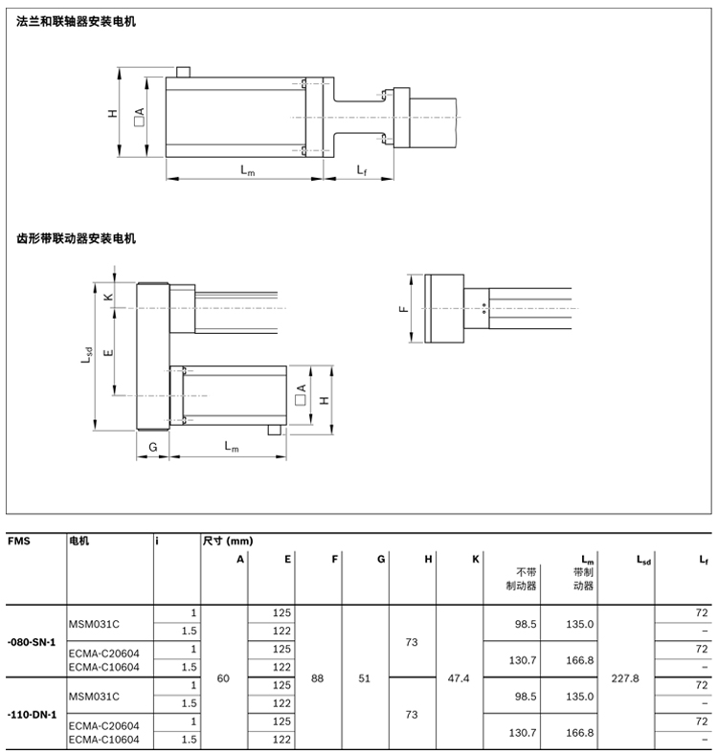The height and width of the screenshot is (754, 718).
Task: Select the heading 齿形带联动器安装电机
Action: pyautogui.click(x=77, y=238)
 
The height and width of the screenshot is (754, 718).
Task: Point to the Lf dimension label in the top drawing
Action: pyautogui.click(x=363, y=170)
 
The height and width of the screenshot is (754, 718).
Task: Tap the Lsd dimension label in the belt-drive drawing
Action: pyautogui.click(x=86, y=356)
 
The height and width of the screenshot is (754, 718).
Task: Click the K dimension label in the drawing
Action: pyautogui.click(x=108, y=297)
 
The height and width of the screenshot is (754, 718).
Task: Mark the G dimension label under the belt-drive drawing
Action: pyautogui.click(x=152, y=446)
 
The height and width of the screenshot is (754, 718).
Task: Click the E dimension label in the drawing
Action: pyautogui.click(x=108, y=352)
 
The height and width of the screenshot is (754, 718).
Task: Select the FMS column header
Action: pyautogui.click(x=19, y=541)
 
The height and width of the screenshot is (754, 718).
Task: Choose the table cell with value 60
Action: pyautogui.click(x=224, y=677)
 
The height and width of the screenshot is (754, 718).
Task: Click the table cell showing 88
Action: pyautogui.click(x=317, y=677)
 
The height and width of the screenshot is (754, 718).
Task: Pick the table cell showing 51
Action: pyautogui.click(x=364, y=677)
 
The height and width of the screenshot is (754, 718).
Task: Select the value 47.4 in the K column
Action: pyautogui.click(x=459, y=677)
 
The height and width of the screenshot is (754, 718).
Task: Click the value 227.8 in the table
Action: pyautogui.click(x=624, y=677)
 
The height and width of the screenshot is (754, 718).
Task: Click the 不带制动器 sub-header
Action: pyautogui.click(x=521, y=580)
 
